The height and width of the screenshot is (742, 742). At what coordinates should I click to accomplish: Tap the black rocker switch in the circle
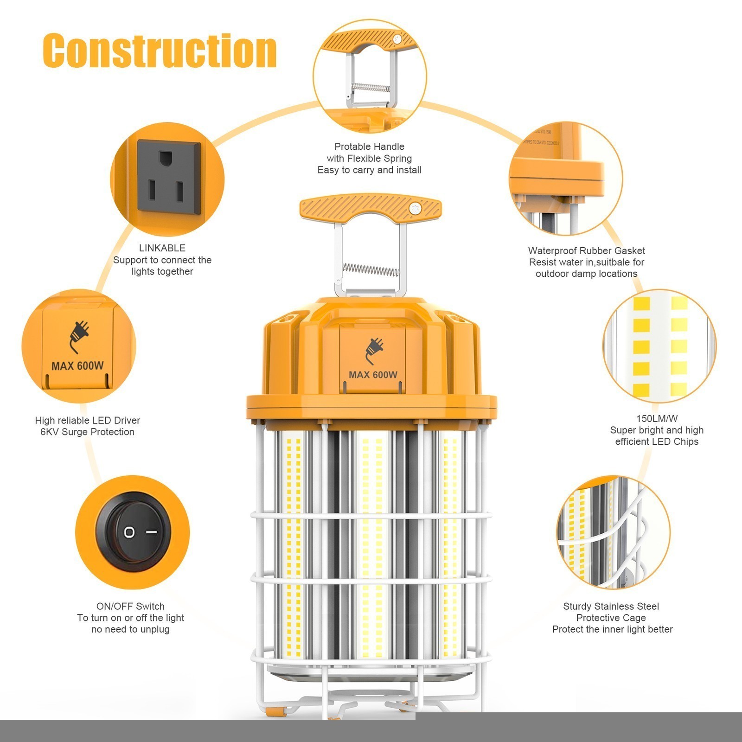click(x=133, y=532)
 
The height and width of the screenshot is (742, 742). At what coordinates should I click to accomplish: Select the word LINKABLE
click(x=162, y=248)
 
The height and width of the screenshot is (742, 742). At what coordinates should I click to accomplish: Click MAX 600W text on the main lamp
click(x=373, y=375)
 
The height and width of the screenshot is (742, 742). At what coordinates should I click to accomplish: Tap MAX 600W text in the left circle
click(x=77, y=366)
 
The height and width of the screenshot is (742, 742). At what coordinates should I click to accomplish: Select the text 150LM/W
click(x=657, y=418)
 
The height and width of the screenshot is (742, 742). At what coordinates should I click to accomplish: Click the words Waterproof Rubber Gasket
click(x=586, y=251)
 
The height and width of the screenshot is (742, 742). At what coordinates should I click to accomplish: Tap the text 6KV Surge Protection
click(x=87, y=432)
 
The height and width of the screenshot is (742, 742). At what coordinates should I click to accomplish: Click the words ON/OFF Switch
click(x=130, y=606)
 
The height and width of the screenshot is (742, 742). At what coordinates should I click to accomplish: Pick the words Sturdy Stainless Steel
click(x=611, y=606)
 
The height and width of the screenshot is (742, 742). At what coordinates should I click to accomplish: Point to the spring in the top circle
click(x=369, y=87)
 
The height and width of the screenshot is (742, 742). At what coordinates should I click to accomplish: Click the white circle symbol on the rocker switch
click(x=129, y=532)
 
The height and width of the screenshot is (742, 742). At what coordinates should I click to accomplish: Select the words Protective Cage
click(x=611, y=618)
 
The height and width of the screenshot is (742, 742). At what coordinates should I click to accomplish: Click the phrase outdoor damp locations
click(x=586, y=274)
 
